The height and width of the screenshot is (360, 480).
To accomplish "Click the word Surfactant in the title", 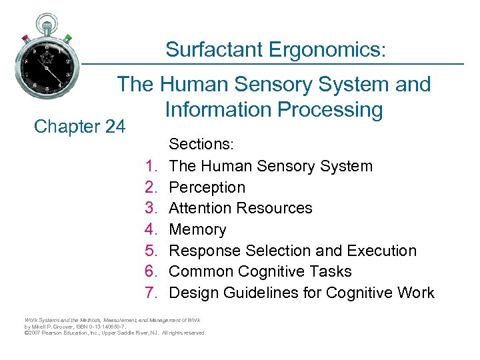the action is click(213, 49).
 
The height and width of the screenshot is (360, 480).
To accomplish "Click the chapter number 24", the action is click(111, 125).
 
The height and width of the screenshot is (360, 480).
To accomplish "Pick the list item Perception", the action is click(207, 187).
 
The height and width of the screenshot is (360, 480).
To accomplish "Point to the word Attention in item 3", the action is click(203, 208).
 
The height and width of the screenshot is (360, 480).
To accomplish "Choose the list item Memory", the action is click(198, 229).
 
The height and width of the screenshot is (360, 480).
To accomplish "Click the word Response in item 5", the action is click(205, 251).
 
